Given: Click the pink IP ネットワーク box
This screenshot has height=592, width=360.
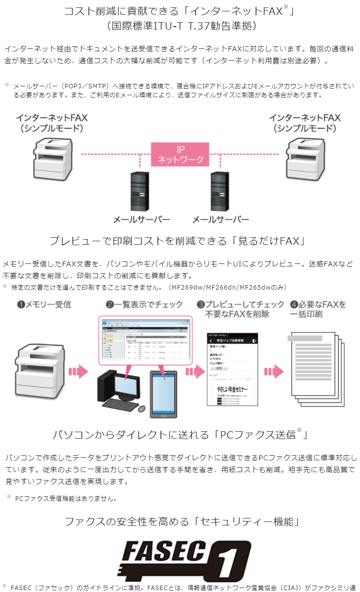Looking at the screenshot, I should [x=180, y=154].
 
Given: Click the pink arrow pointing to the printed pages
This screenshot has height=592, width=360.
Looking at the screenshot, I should [x=273, y=371].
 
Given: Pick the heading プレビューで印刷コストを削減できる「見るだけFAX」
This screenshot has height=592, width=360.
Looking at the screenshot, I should [x=179, y=241].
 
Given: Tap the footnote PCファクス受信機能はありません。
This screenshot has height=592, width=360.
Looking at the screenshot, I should [x=66, y=498].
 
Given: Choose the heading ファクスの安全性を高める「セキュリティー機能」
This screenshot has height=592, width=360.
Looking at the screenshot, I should [x=181, y=521].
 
